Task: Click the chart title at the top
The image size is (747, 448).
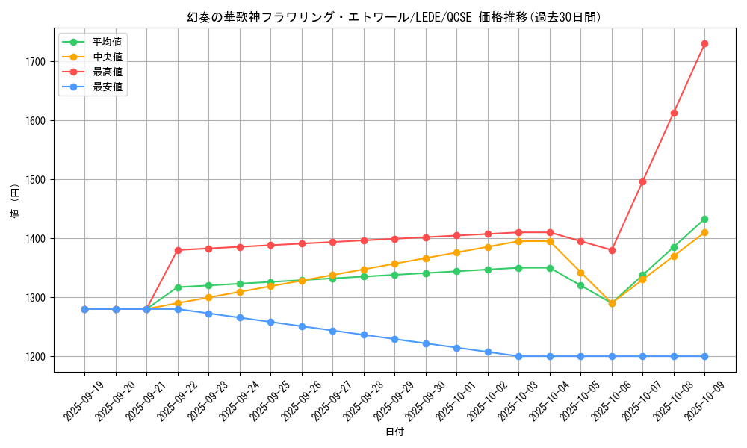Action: (394, 17)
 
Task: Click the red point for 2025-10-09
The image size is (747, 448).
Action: (704, 43)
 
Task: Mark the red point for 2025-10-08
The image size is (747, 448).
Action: (674, 113)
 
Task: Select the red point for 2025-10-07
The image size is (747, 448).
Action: (642, 181)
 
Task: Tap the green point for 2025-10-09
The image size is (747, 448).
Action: (704, 219)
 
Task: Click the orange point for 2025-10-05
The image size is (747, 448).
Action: (580, 273)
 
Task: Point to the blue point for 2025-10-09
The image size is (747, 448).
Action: (704, 356)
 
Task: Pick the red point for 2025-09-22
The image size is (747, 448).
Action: (178, 250)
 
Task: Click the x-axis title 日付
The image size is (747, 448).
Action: (394, 432)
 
